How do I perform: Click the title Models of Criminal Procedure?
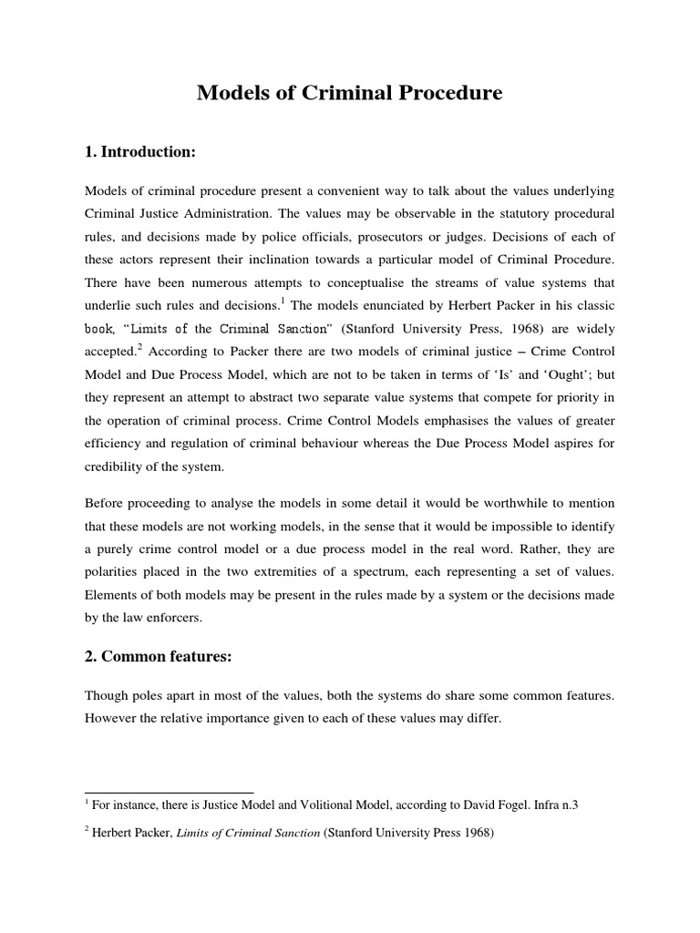[x=350, y=94]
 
